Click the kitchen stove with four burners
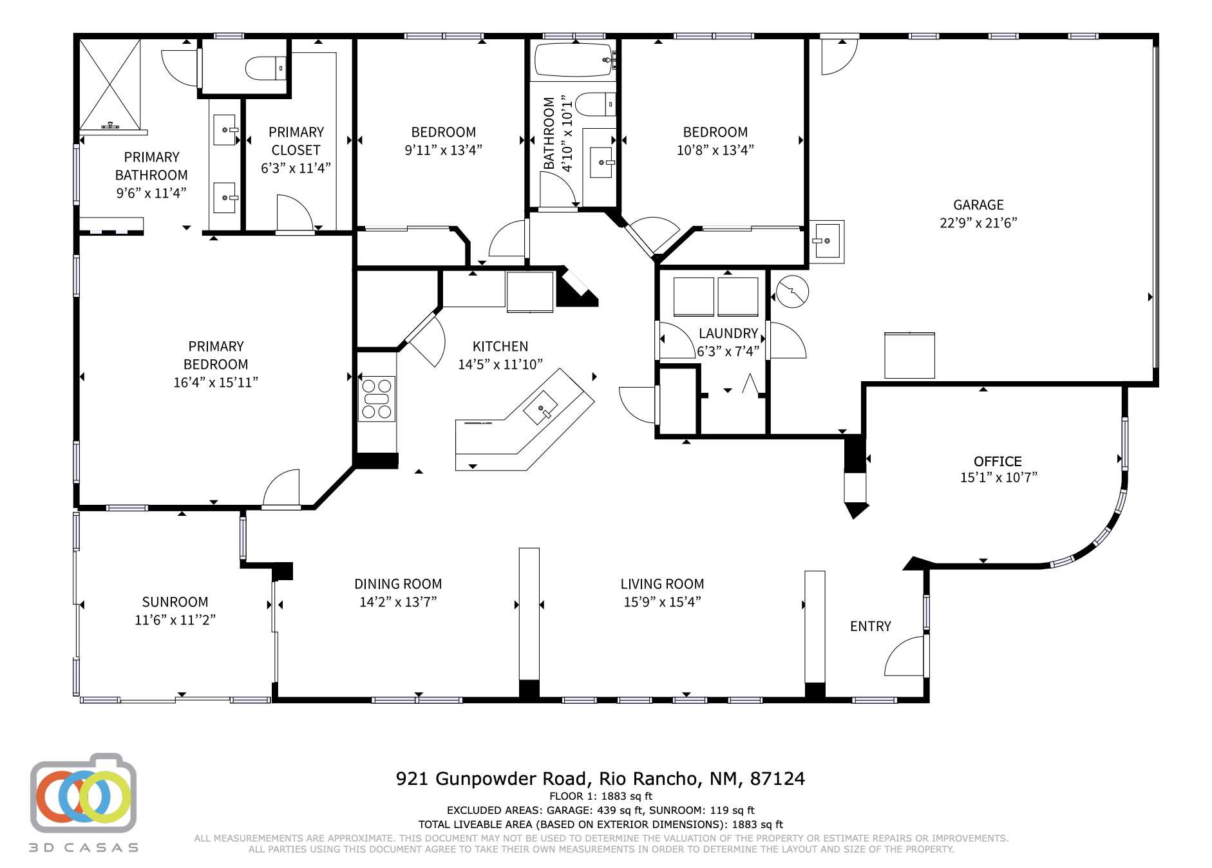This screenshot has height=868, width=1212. pyautogui.click(x=377, y=399)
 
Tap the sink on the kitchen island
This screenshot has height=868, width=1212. pyautogui.click(x=540, y=408)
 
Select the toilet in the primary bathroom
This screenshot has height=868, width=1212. pyautogui.click(x=265, y=68)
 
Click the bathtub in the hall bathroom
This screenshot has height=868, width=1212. pyautogui.click(x=573, y=59)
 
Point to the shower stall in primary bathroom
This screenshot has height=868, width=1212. pyautogui.click(x=109, y=84)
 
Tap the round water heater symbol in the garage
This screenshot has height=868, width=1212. pyautogui.click(x=791, y=292)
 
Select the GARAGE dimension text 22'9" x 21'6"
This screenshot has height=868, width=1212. pyautogui.click(x=978, y=223)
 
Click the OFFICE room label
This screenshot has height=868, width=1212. pyautogui.click(x=997, y=461)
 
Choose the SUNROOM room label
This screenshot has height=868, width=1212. pyautogui.click(x=175, y=601)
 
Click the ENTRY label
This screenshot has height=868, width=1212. pyautogui.click(x=870, y=626)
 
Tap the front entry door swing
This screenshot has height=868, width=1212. pyautogui.click(x=905, y=657)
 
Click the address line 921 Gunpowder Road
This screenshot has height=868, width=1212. pyautogui.click(x=600, y=778)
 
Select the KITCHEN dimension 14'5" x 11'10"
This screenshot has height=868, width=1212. pyautogui.click(x=500, y=364)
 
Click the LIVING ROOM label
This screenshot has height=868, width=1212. pyautogui.click(x=661, y=583)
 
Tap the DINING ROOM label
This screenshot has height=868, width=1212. pyautogui.click(x=397, y=583)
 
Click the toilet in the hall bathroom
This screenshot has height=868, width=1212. pyautogui.click(x=593, y=104)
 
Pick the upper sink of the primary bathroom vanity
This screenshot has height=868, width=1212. pyautogui.click(x=225, y=129)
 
